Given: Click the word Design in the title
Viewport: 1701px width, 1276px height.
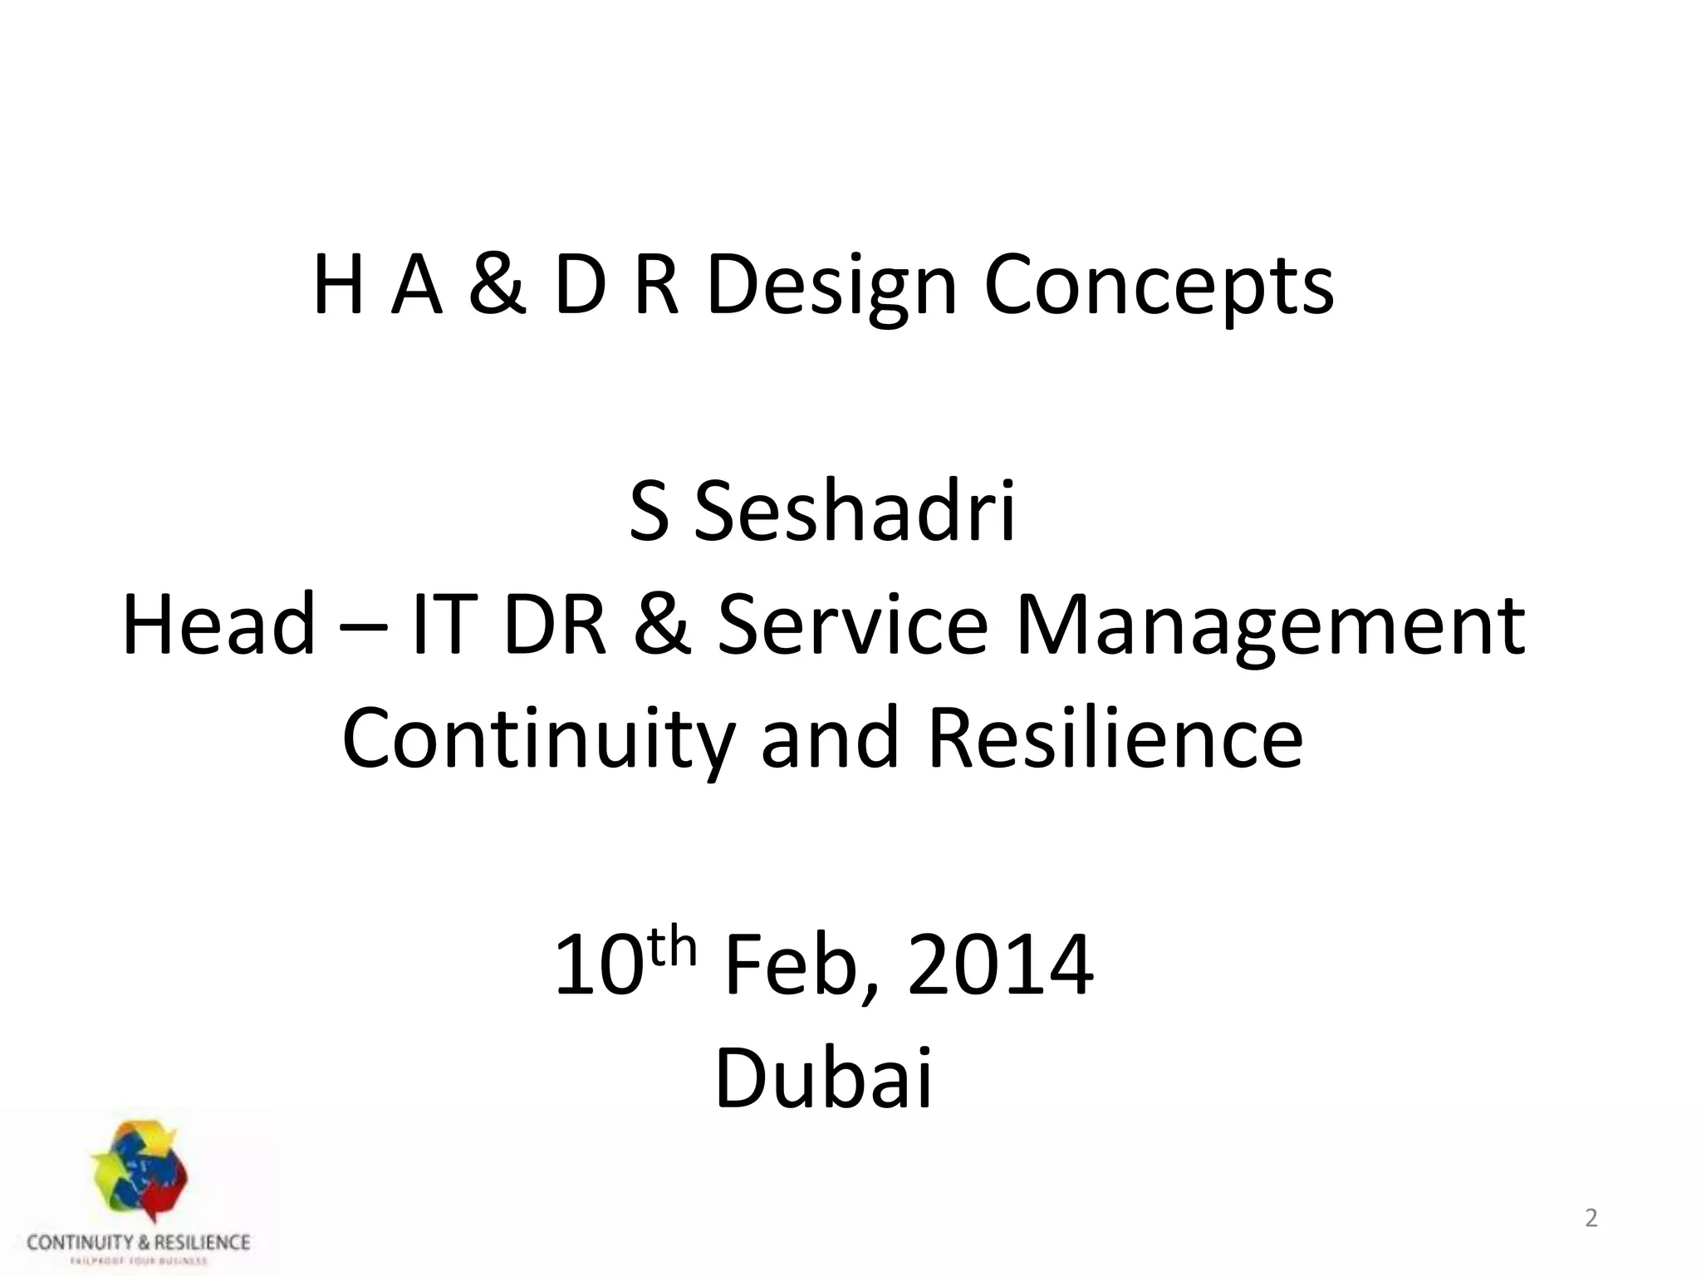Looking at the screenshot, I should point(831,287).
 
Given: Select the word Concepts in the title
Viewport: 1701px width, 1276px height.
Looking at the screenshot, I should point(1159,287).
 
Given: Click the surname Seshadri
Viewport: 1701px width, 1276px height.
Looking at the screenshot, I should point(855,512).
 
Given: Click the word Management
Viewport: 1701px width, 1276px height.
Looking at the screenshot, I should point(1270,626).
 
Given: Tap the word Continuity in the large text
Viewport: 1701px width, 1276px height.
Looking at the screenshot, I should point(538,738).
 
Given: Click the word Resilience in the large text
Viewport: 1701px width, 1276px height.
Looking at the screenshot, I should point(1115,738).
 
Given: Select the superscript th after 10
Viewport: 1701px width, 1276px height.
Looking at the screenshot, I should point(671,948).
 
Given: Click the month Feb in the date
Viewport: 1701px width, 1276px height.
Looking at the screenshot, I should point(796,966).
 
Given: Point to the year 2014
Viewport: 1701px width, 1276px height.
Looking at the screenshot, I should point(1000,966).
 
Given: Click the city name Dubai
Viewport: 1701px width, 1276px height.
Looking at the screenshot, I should point(824,1078).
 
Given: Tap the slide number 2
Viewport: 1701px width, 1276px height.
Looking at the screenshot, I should point(1591,1219).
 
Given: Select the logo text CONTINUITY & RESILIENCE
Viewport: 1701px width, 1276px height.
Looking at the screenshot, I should point(138,1243).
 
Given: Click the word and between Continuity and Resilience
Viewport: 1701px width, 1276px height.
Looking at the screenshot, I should point(830,738).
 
